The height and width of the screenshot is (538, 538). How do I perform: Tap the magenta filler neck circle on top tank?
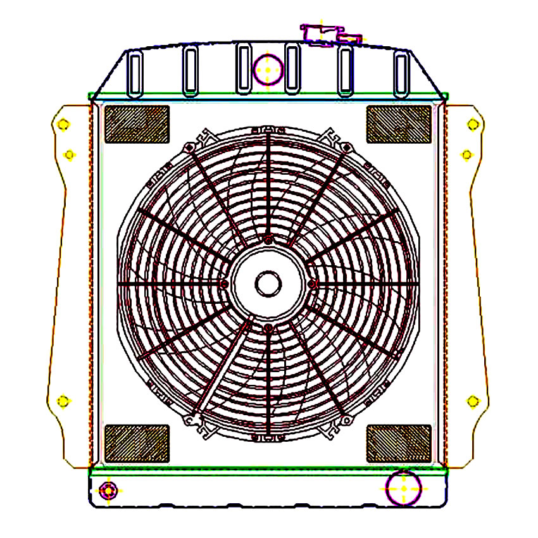[268, 68]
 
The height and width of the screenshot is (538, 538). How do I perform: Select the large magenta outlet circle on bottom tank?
[404, 489]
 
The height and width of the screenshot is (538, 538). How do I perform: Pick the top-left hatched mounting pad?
[137, 124]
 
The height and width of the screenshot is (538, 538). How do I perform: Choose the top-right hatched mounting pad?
[399, 124]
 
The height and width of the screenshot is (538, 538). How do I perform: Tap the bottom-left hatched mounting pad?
[137, 443]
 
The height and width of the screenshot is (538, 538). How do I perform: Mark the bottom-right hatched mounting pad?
[399, 443]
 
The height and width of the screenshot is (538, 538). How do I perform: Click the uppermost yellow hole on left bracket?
[62, 125]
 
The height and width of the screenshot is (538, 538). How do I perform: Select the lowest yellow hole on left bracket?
[63, 401]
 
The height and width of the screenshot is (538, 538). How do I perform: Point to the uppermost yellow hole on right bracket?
[472, 124]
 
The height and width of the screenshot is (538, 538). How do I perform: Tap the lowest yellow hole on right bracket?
[472, 401]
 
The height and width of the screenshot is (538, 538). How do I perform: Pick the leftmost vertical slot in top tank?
[134, 73]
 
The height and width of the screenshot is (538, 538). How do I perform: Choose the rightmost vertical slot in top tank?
[400, 73]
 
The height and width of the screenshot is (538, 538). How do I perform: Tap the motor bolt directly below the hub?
[268, 328]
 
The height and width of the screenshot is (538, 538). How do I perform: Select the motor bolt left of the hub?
[225, 284]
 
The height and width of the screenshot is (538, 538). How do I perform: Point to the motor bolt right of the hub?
[312, 284]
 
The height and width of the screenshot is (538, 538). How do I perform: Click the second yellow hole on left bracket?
[70, 154]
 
